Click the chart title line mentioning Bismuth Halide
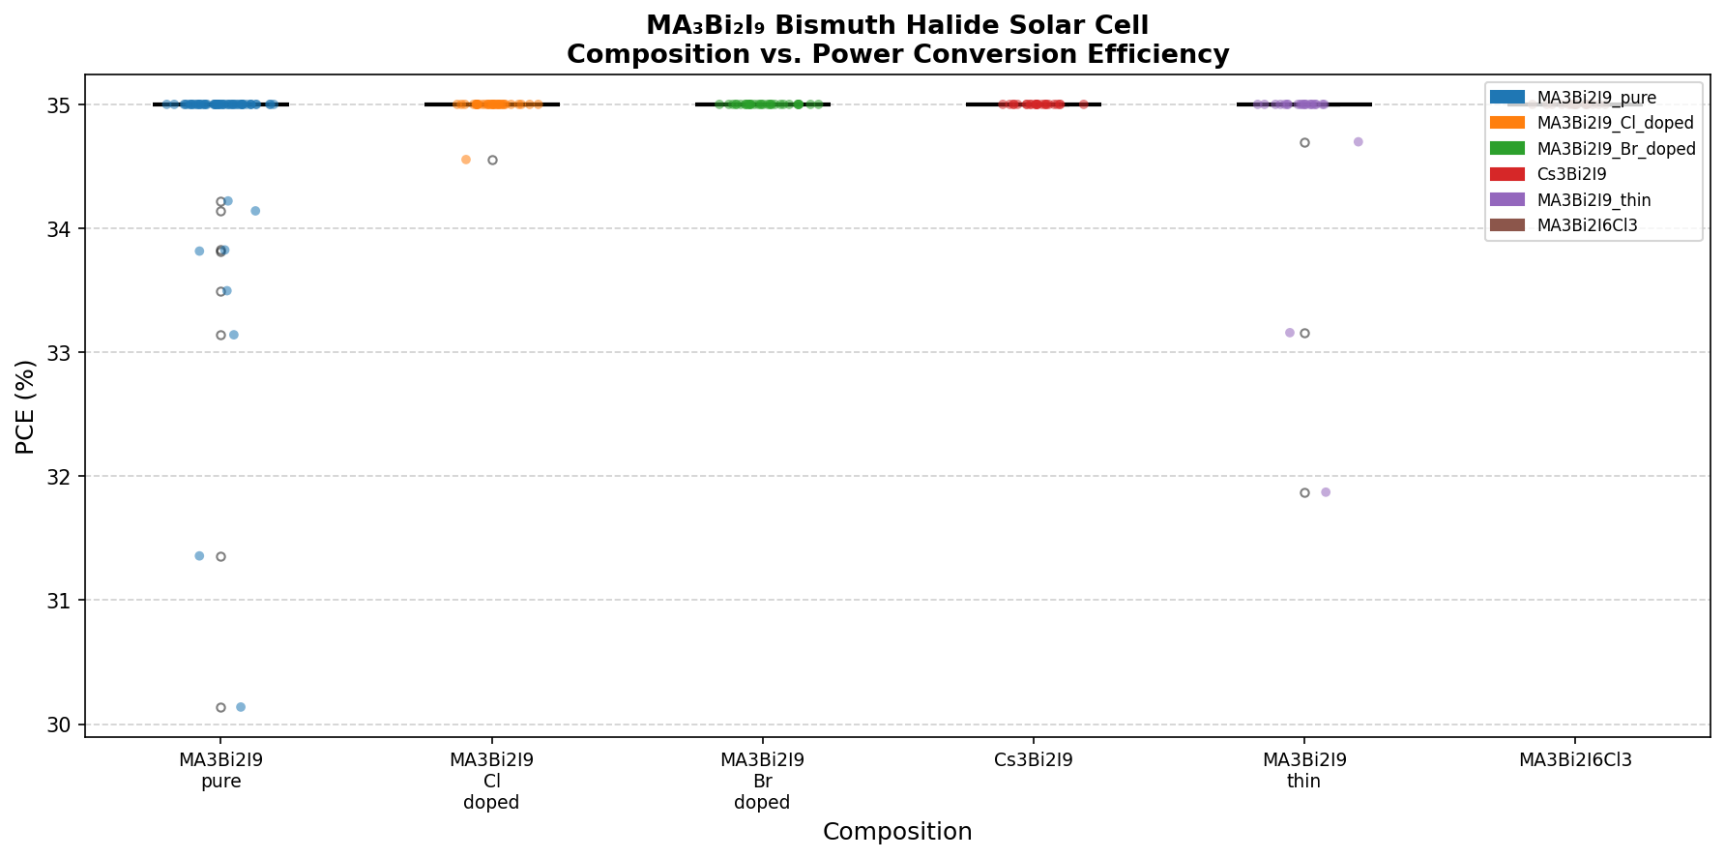(x=897, y=25)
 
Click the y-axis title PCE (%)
(x=26, y=406)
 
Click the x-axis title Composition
(x=897, y=832)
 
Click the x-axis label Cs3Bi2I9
(x=1033, y=760)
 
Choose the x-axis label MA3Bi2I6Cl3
(x=1575, y=760)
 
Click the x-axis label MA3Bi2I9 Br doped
(x=762, y=781)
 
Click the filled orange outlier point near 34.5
(x=466, y=160)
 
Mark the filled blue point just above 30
(x=241, y=707)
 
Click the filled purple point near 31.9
(x=1326, y=492)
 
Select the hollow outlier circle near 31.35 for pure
(x=220, y=556)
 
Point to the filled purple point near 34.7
(x=1358, y=142)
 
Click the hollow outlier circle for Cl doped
(x=492, y=160)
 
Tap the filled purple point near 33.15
(x=1289, y=333)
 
